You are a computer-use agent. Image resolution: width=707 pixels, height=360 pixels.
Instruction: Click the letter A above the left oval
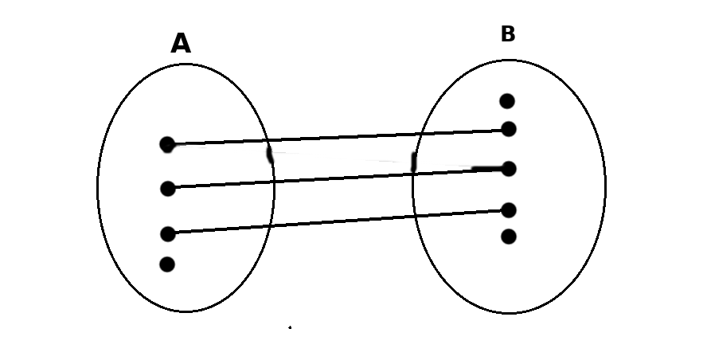coord(181,44)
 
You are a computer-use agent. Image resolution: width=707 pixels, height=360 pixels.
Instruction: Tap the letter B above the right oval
coord(508,34)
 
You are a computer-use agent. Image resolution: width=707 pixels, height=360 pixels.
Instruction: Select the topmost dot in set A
coord(167,144)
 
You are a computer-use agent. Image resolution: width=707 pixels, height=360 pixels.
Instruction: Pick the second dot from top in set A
coord(167,189)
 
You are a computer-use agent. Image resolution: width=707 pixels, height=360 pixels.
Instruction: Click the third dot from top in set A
coord(167,233)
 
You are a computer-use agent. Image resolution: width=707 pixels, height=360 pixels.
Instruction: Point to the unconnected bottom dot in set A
coord(167,264)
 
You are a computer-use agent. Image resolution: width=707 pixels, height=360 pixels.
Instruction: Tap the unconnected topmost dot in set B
coord(507,101)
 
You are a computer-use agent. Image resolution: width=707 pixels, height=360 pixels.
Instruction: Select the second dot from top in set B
coord(509,129)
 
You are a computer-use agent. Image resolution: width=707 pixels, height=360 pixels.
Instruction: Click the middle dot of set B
coord(509,169)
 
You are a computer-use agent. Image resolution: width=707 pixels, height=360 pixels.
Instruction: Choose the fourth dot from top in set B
coord(509,210)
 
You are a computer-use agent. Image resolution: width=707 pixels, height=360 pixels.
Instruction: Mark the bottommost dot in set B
coord(509,237)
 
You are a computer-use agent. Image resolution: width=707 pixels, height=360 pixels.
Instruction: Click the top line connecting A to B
coord(342,137)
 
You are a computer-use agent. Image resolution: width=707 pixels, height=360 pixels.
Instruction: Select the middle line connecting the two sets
coord(342,178)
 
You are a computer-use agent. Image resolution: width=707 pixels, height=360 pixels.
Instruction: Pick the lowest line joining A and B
coord(342,221)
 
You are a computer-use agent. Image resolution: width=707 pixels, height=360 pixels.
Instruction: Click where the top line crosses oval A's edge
coord(266,140)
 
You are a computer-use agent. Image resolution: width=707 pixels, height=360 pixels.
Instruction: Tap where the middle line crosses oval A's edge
coord(274,182)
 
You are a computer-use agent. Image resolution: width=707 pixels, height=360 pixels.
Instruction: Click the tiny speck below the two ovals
coord(290,327)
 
